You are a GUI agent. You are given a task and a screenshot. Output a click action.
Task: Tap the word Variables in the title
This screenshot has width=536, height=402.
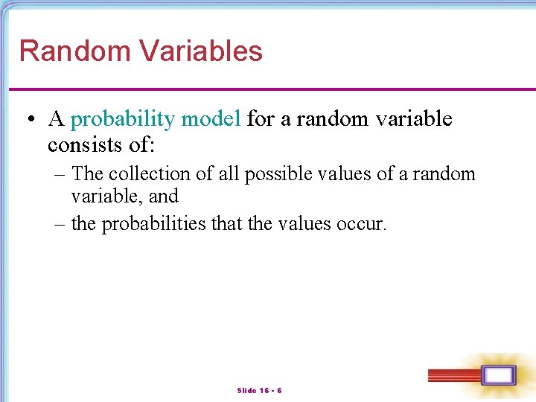[202, 51]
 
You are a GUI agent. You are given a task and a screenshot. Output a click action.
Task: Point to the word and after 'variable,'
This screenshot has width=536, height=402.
[164, 197]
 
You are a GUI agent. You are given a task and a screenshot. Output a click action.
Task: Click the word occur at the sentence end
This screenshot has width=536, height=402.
[363, 224]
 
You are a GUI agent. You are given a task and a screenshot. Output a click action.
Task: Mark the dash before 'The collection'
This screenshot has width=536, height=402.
[60, 174]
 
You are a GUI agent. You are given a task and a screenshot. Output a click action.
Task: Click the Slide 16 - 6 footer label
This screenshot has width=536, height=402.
[259, 390]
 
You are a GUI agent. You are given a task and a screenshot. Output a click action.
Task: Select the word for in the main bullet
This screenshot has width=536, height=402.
[260, 119]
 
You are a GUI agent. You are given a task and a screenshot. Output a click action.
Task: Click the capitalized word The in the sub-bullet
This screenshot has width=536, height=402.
[87, 174]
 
